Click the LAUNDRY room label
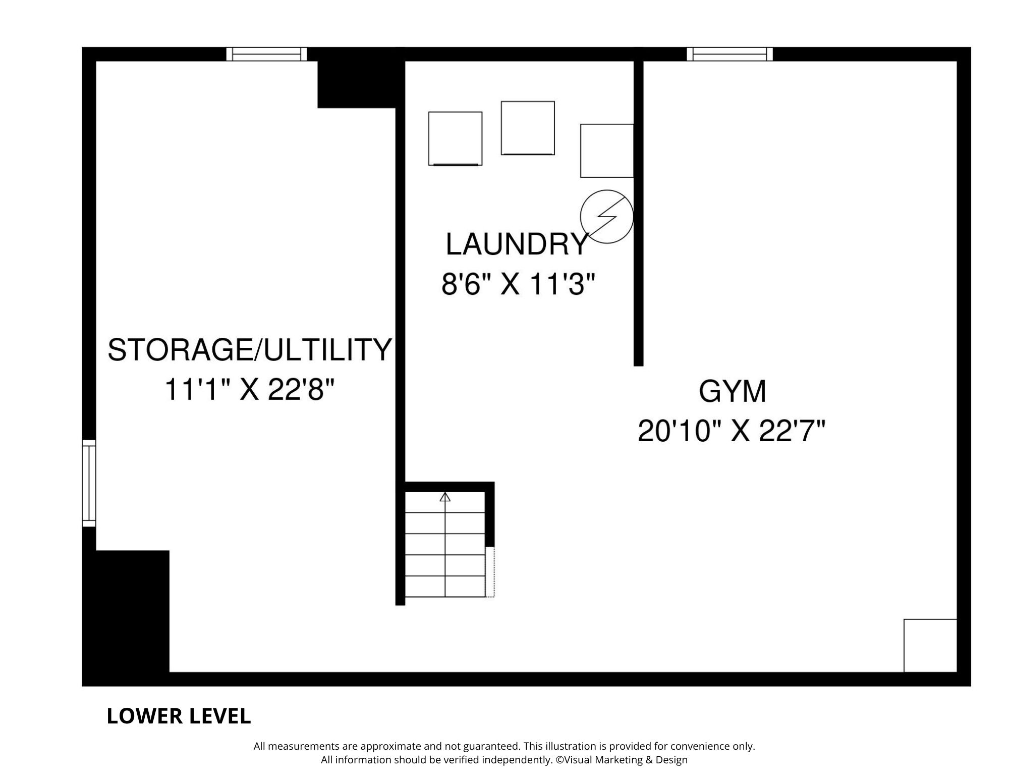[x=517, y=244]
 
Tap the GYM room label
[x=733, y=391]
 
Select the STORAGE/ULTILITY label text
[x=250, y=349]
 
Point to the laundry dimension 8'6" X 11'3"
[x=519, y=284]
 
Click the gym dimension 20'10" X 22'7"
[x=732, y=431]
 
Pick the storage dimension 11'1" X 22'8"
[x=250, y=390]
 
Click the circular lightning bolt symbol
[x=606, y=217]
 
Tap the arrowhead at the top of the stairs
[x=444, y=497]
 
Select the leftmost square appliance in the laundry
[x=455, y=138]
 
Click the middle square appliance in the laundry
[x=528, y=128]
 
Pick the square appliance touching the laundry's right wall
[x=607, y=151]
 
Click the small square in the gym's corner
[x=930, y=646]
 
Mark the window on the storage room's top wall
[x=266, y=54]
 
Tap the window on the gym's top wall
[x=730, y=54]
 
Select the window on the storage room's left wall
[x=89, y=483]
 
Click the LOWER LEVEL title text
[x=179, y=716]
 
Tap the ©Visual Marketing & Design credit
[x=622, y=760]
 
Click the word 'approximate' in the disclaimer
[x=390, y=747]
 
